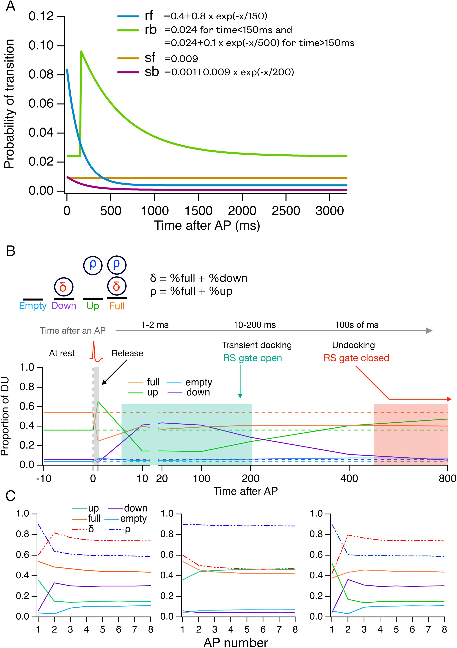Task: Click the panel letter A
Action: pos(10,6)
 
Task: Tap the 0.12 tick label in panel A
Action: pos(41,17)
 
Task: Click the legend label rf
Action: pos(149,16)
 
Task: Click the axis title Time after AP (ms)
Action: pos(207,225)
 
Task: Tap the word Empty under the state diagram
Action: pos(33,306)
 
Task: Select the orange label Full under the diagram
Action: pos(117,306)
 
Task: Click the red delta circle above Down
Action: pos(63,287)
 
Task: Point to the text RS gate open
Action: pos(252,358)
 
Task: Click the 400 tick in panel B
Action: pos(349,478)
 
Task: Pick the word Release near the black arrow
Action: pos(127,353)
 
